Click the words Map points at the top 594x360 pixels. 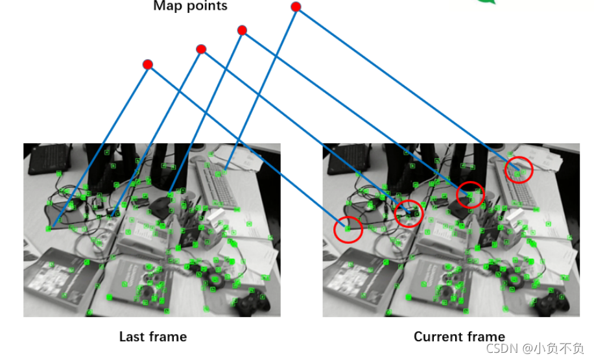click(190, 6)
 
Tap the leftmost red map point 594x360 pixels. click(148, 64)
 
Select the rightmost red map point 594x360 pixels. click(296, 7)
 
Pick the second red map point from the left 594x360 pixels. click(201, 49)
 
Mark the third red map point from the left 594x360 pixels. click(242, 30)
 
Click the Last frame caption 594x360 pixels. click(152, 337)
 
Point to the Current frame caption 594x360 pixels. click(459, 337)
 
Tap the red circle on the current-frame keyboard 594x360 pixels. click(519, 170)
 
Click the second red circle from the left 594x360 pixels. click(409, 213)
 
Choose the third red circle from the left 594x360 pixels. click(470, 195)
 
